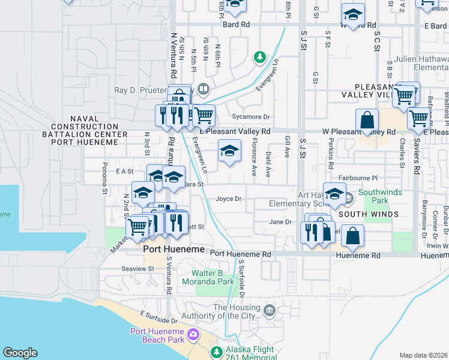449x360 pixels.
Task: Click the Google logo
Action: pos(20,353)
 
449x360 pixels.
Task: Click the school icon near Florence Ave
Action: pos(229,151)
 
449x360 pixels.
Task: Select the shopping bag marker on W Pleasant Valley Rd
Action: pos(367,119)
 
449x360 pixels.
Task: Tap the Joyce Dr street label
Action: pos(228,199)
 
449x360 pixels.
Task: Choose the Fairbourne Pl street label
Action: pos(358,178)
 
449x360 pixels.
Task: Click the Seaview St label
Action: pos(137,269)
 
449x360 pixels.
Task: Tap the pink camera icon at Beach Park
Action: pos(193,334)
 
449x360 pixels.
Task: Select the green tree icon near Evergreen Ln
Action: pos(259,58)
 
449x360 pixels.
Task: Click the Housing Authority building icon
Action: pos(269,311)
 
